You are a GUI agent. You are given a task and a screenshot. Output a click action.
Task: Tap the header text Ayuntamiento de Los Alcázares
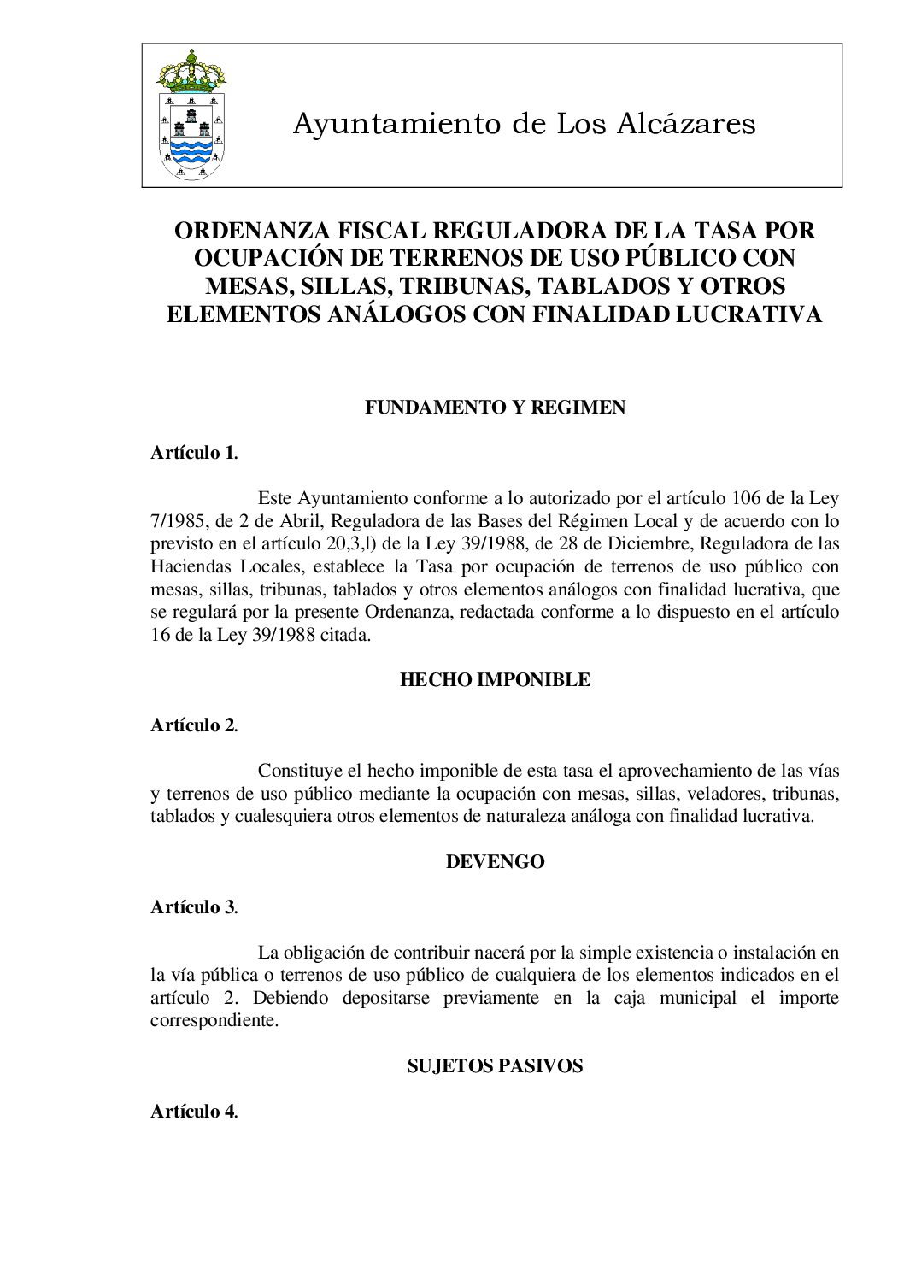coord(524,124)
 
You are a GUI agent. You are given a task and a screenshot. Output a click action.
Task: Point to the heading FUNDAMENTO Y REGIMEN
coord(495,408)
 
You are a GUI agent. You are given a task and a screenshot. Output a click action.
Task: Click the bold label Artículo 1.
coord(194,453)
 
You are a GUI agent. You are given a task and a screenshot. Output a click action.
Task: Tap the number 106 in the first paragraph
coord(749,498)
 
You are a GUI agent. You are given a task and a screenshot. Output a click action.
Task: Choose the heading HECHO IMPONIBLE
coord(495,680)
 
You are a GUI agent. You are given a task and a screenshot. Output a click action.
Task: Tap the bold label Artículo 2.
coord(194,725)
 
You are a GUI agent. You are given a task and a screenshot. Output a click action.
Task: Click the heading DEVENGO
coord(495,861)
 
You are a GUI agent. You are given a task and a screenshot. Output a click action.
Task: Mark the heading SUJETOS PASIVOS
coord(495,1066)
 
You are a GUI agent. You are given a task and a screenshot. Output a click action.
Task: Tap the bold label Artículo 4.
coord(194,1112)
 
